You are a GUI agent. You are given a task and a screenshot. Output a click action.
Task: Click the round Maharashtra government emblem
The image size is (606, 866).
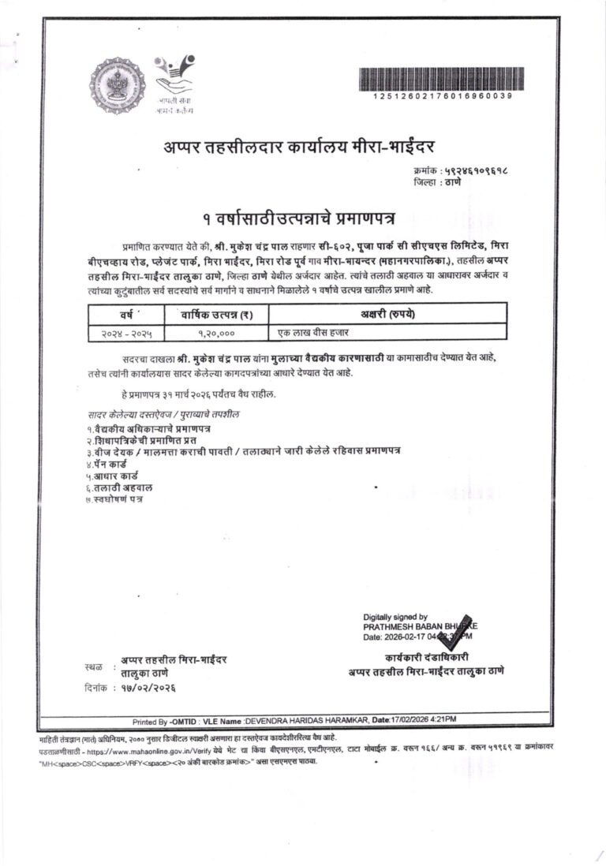(x=117, y=84)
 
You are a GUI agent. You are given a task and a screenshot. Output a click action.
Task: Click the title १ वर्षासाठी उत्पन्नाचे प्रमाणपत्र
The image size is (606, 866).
(x=299, y=215)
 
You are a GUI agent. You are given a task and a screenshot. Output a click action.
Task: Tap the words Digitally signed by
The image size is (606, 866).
(x=395, y=616)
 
